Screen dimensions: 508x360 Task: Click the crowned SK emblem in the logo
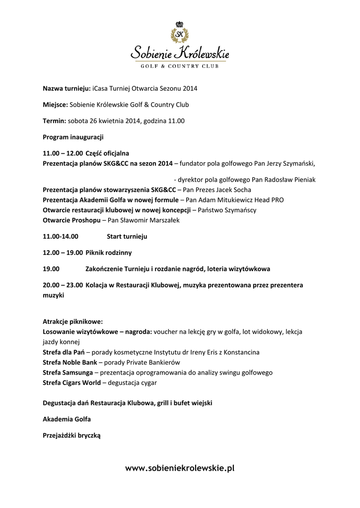tap(179, 32)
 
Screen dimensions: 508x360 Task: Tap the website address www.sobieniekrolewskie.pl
tap(180, 468)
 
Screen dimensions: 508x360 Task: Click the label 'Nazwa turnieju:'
tap(66, 89)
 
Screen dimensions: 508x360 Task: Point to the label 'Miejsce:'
tap(55, 105)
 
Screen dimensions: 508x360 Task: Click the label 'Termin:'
tap(54, 121)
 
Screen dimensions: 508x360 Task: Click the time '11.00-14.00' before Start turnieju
tap(61, 237)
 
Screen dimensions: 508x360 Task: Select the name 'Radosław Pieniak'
tap(291, 179)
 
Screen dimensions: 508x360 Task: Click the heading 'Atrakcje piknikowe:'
tap(72, 321)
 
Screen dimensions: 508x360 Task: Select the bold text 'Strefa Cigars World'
tap(72, 382)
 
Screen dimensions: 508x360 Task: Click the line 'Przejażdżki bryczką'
tap(72, 436)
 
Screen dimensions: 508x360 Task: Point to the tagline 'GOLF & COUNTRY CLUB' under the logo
tap(179, 65)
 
